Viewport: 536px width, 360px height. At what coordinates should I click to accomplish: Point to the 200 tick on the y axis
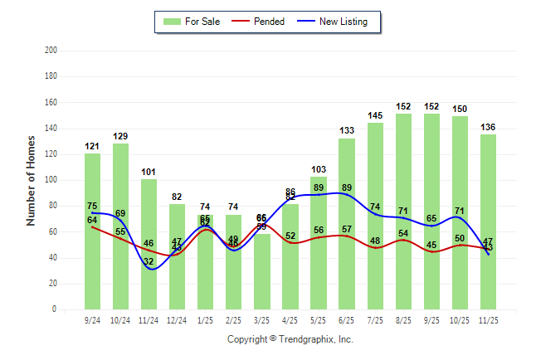(x=51, y=51)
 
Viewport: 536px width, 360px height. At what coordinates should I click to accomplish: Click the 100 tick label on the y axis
(x=51, y=180)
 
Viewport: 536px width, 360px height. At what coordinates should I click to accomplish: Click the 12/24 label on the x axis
(x=177, y=319)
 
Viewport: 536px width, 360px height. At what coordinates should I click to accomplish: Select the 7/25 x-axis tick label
(x=375, y=319)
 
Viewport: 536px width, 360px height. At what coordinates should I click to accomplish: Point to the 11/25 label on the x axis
(x=488, y=319)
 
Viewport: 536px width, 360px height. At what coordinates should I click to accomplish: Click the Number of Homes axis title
(x=32, y=180)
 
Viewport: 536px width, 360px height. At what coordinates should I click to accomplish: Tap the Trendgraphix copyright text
(x=290, y=339)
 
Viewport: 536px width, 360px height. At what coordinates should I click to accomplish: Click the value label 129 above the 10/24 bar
(x=120, y=136)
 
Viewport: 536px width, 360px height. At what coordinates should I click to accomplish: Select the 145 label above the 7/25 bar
(x=375, y=115)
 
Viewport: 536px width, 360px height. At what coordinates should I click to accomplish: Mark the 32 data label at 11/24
(x=149, y=262)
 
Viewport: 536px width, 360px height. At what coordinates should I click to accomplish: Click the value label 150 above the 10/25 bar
(x=460, y=109)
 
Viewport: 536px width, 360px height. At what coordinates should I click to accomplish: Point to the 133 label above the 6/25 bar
(x=347, y=131)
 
